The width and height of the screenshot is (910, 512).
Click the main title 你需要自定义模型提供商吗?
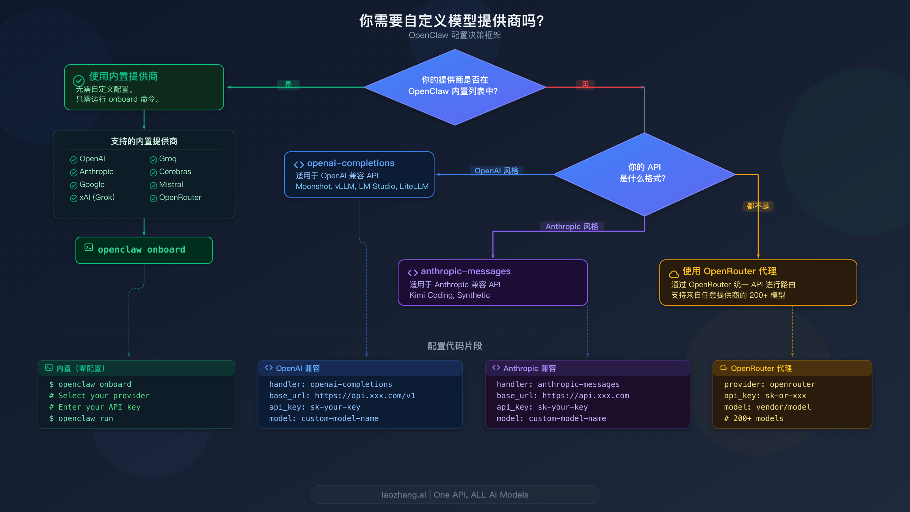pyautogui.click(x=451, y=21)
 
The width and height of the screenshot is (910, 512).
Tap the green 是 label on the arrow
pyautogui.click(x=288, y=85)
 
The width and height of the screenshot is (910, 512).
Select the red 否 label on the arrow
pyautogui.click(x=585, y=85)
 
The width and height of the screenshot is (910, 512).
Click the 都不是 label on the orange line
pyautogui.click(x=758, y=206)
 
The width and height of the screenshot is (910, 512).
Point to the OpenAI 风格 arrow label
pyautogui.click(x=496, y=171)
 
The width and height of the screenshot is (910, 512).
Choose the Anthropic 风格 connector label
pyautogui.click(x=572, y=226)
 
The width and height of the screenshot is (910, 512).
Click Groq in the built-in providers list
pyautogui.click(x=168, y=159)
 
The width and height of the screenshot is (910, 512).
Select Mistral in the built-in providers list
pyautogui.click(x=171, y=184)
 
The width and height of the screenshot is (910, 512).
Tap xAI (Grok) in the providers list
pyautogui.click(x=97, y=197)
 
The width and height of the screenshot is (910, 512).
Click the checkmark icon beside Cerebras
pyautogui.click(x=153, y=173)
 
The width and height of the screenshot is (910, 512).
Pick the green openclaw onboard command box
pyautogui.click(x=144, y=250)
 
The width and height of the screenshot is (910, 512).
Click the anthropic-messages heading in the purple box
pyautogui.click(x=465, y=271)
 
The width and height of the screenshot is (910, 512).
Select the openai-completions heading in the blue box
pyautogui.click(x=350, y=163)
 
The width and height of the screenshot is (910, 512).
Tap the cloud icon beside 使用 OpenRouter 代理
pyautogui.click(x=674, y=274)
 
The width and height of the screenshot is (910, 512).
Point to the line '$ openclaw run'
pyautogui.click(x=81, y=418)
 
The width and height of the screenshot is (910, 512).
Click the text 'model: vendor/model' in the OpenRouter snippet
pyautogui.click(x=767, y=407)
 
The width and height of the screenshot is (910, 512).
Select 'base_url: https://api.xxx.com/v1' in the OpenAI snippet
pyautogui.click(x=342, y=396)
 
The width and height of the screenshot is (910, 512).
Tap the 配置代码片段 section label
pyautogui.click(x=455, y=346)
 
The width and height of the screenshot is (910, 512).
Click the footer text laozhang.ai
pyautogui.click(x=403, y=495)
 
